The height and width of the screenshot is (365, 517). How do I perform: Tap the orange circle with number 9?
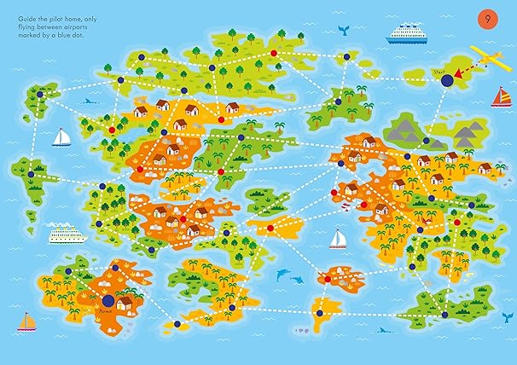[487, 19]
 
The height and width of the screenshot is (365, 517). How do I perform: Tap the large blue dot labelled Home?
[108, 299]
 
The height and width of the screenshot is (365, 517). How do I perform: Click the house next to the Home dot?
[125, 303]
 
